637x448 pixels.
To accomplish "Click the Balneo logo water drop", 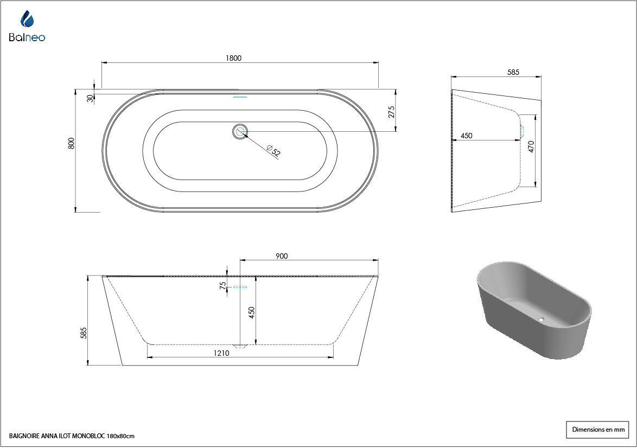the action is tap(27, 19).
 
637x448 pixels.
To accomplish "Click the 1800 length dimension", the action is tap(234, 58).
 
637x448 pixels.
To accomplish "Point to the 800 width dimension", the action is tap(72, 143).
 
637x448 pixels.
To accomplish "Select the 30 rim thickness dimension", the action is tap(90, 98).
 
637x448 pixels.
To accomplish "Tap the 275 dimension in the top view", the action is tap(391, 112).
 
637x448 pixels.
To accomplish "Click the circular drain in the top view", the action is tap(240, 132).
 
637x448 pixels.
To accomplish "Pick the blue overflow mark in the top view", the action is tap(240, 97).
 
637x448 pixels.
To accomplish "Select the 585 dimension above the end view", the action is tap(513, 72).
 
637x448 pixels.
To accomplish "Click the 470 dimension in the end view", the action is tap(531, 146).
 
